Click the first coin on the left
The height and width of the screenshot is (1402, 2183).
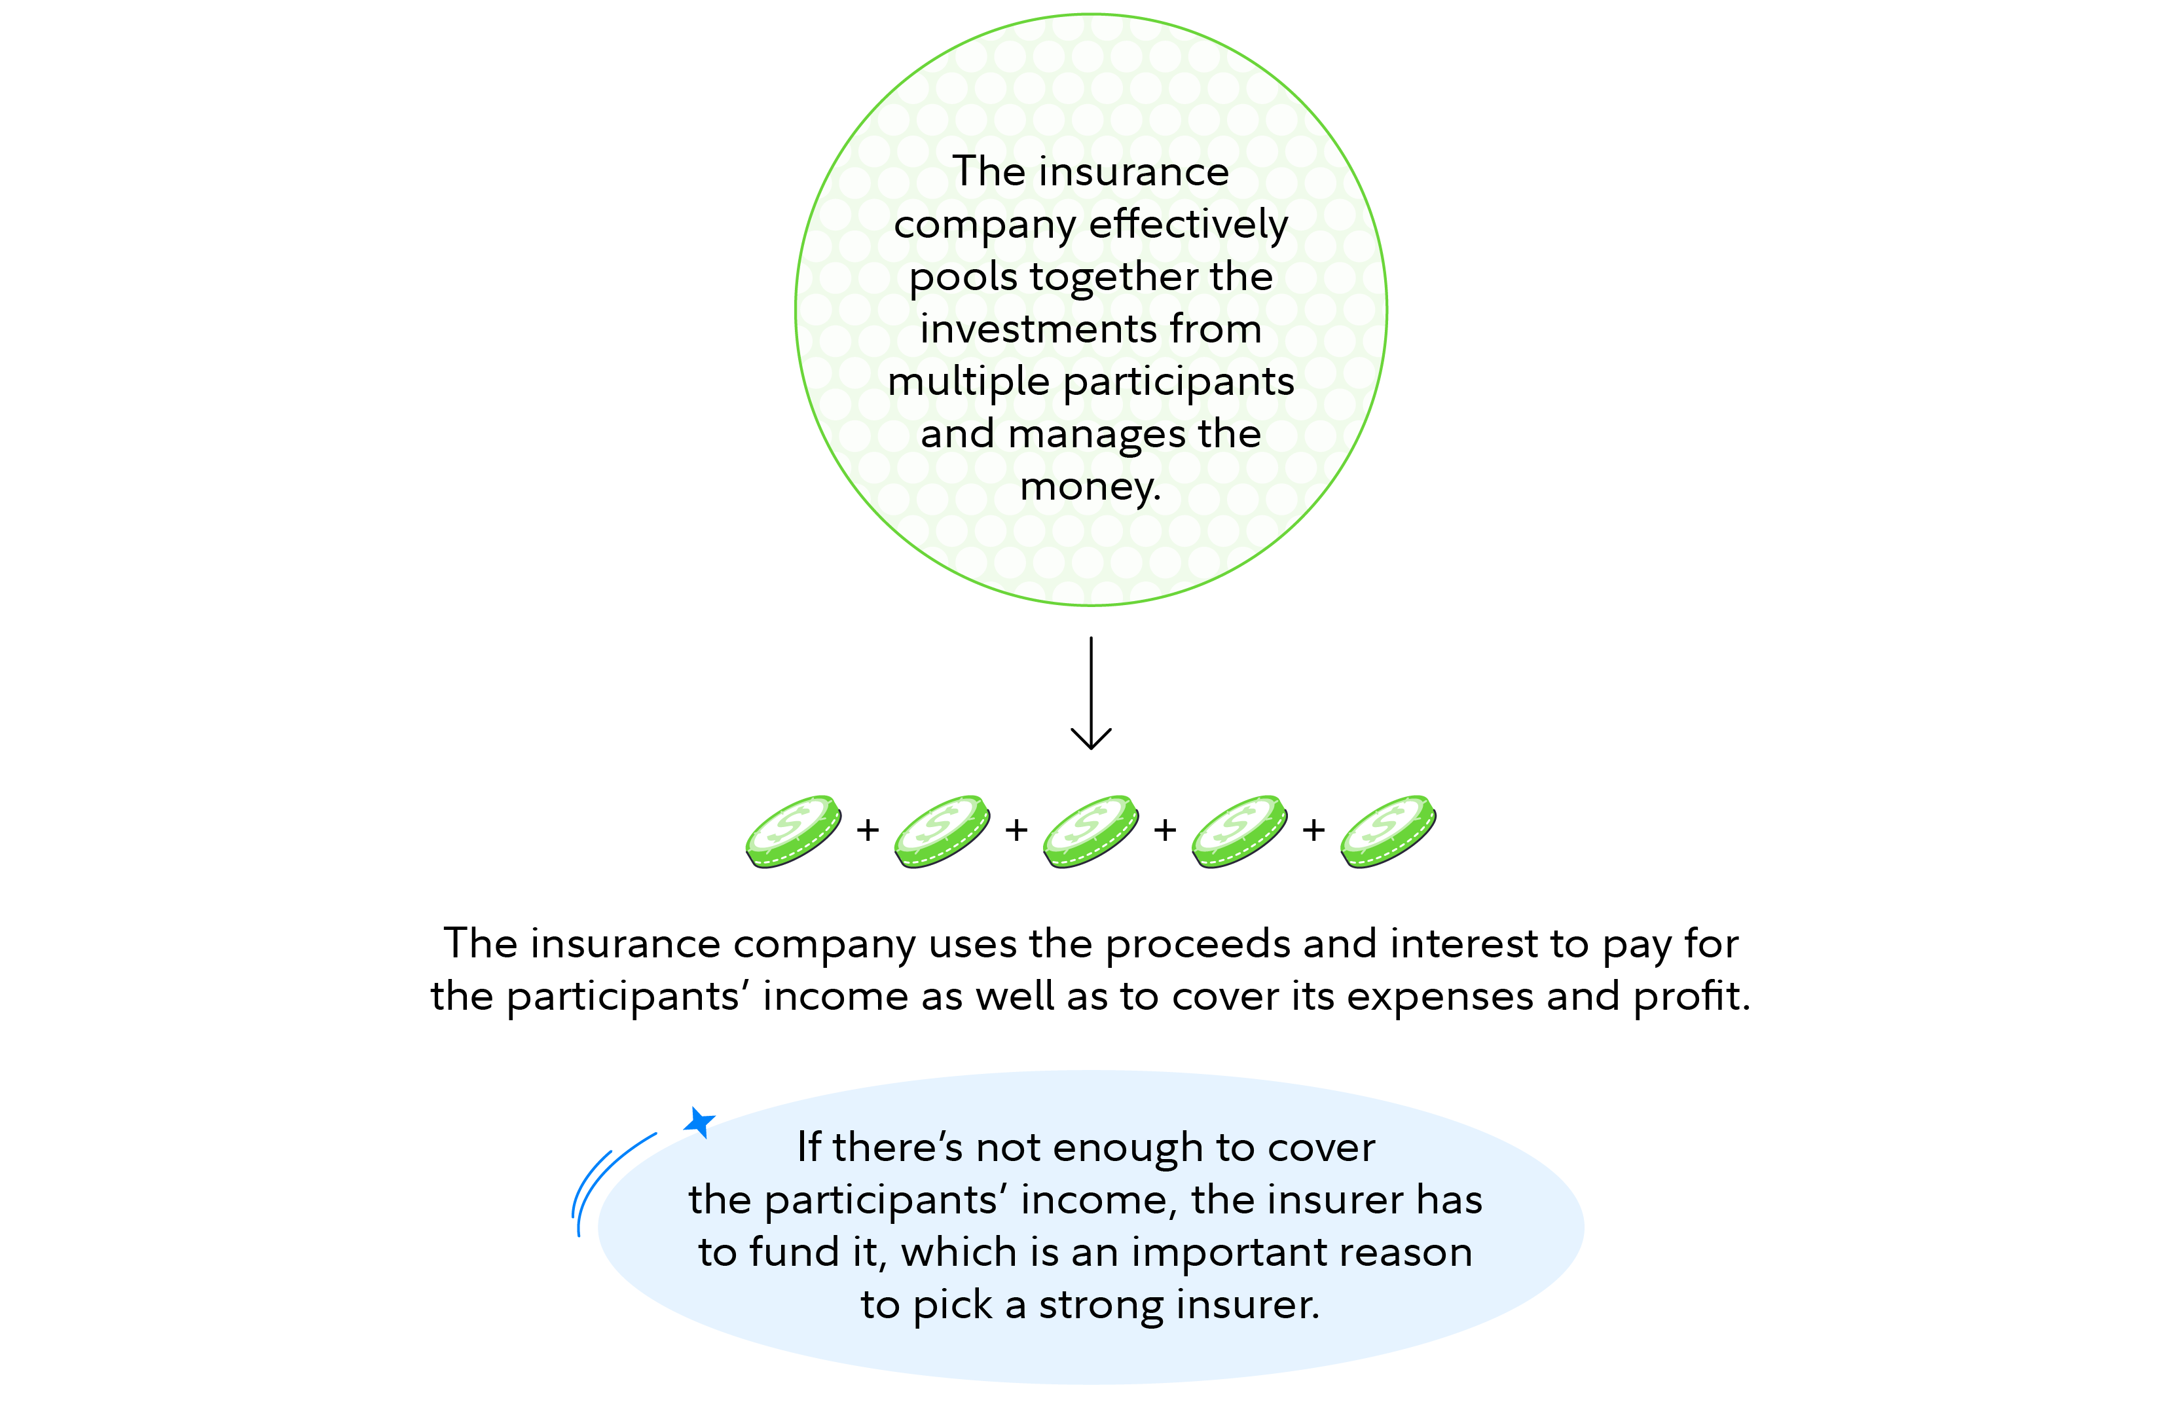tap(793, 831)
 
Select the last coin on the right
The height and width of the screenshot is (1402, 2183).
tap(1387, 831)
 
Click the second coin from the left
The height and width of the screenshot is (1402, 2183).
tap(942, 831)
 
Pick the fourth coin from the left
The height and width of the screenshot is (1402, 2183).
tap(1239, 831)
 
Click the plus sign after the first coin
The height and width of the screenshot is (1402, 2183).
tap(868, 830)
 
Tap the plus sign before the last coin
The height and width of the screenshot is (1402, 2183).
tap(1313, 830)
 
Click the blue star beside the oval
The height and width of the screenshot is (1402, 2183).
tap(699, 1122)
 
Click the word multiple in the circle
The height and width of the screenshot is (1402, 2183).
tap(968, 382)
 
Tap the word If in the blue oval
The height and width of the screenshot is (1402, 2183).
tap(809, 1147)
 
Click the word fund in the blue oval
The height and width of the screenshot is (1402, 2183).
tap(793, 1253)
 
